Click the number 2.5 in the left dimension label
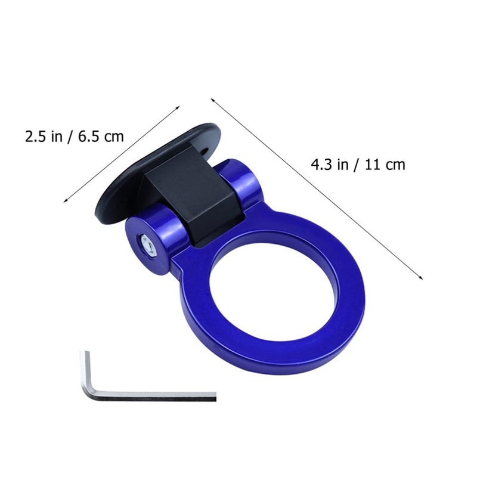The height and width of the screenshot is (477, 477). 36,137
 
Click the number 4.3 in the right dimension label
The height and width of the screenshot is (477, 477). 322,165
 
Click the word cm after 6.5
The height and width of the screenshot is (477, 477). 114,137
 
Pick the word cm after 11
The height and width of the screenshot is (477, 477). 395,166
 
